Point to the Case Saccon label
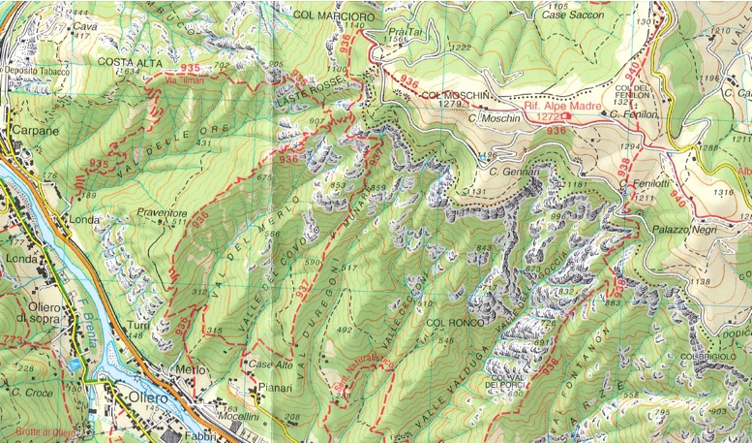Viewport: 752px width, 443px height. (x=573, y=16)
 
